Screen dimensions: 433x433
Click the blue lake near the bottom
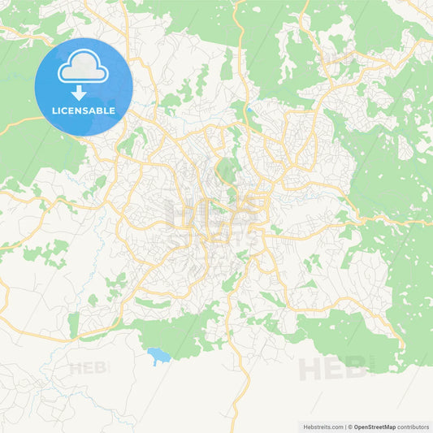[x=158, y=355]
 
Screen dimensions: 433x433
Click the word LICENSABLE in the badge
[x=84, y=110]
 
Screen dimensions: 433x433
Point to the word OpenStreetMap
[x=379, y=426]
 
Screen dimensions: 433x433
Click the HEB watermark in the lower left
[x=89, y=368]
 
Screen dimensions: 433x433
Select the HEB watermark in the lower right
[x=333, y=369]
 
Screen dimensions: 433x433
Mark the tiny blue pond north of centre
[x=249, y=111]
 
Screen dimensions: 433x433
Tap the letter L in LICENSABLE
[x=54, y=110]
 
